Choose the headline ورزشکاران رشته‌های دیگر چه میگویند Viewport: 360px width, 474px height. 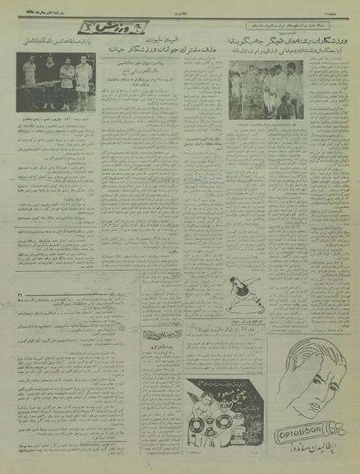click(x=292, y=39)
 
